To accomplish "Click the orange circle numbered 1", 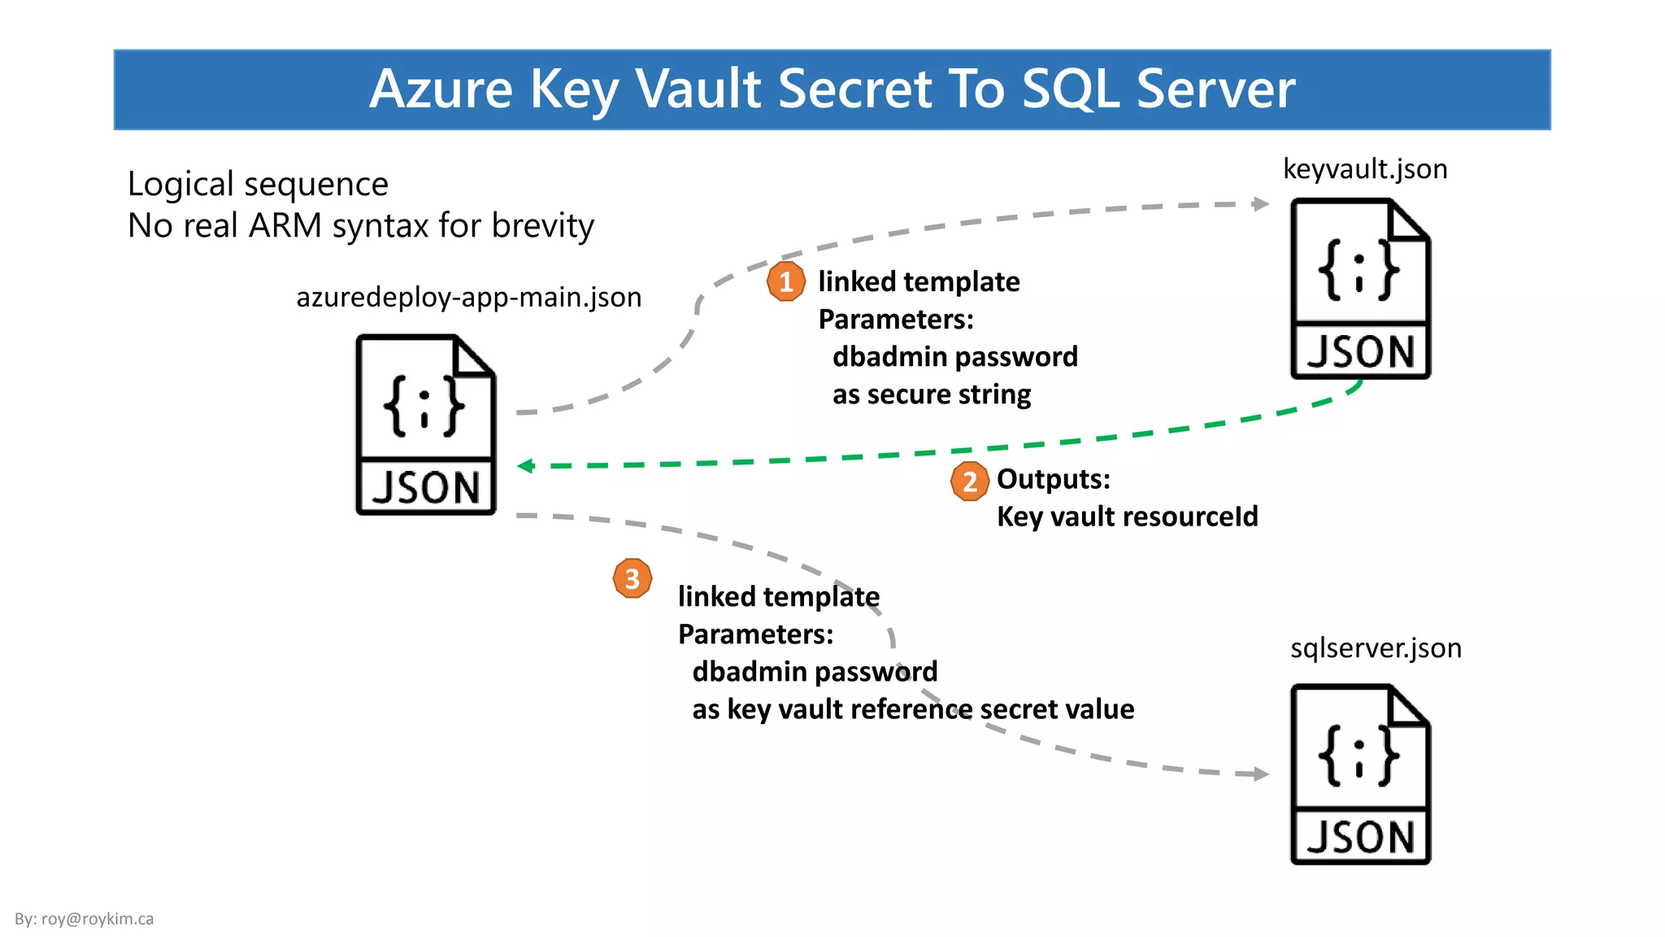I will pyautogui.click(x=785, y=281).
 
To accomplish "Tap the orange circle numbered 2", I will pyautogui.click(x=969, y=482).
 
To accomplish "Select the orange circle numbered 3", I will pyautogui.click(x=633, y=578).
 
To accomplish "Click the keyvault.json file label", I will pyautogui.click(x=1365, y=169).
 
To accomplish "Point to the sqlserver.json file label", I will pyautogui.click(x=1376, y=648).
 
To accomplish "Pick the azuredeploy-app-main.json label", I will pyautogui.click(x=468, y=298).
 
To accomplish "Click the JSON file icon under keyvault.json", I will pyautogui.click(x=1360, y=290).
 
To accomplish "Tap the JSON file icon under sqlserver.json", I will pyautogui.click(x=1360, y=774).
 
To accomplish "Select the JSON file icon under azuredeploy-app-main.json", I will pyautogui.click(x=426, y=425).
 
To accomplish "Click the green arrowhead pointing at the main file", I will pyautogui.click(x=526, y=466).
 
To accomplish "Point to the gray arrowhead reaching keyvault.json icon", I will pyautogui.click(x=1261, y=203).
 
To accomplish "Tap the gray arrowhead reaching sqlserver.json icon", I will pyautogui.click(x=1261, y=774).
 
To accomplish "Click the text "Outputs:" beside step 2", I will pyautogui.click(x=1053, y=479).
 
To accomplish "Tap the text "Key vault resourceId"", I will pyautogui.click(x=1127, y=516).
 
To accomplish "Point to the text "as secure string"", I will pyautogui.click(x=931, y=394).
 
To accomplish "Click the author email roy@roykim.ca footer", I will pyautogui.click(x=85, y=919).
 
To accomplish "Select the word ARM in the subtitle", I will pyautogui.click(x=285, y=225).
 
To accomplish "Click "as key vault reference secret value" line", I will pyautogui.click(x=912, y=709).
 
